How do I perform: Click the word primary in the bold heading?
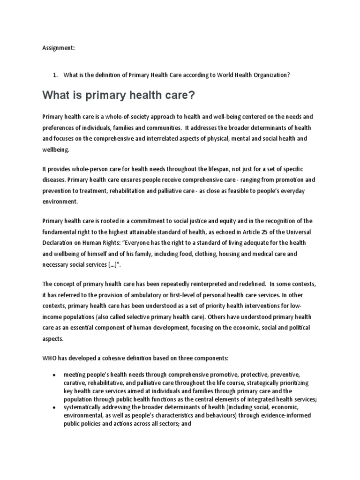coord(99,96)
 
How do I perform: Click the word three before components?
coord(180,358)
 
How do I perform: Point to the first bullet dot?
coord(55,375)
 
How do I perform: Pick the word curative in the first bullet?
coord(75,383)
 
